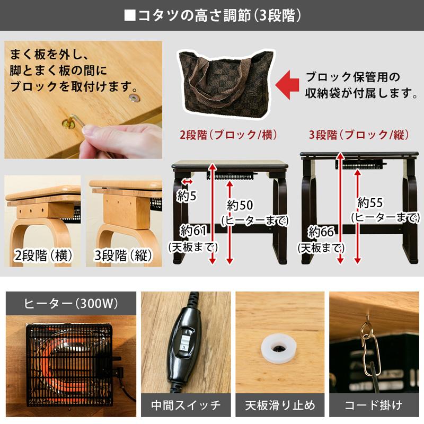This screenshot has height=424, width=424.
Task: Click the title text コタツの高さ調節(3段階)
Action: tap(212, 14)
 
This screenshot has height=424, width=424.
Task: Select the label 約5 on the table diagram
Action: tap(187, 196)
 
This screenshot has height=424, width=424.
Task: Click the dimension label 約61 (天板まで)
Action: tap(191, 238)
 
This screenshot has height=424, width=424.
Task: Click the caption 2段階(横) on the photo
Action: tap(43, 255)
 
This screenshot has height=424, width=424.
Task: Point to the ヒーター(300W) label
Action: tap(71, 304)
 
